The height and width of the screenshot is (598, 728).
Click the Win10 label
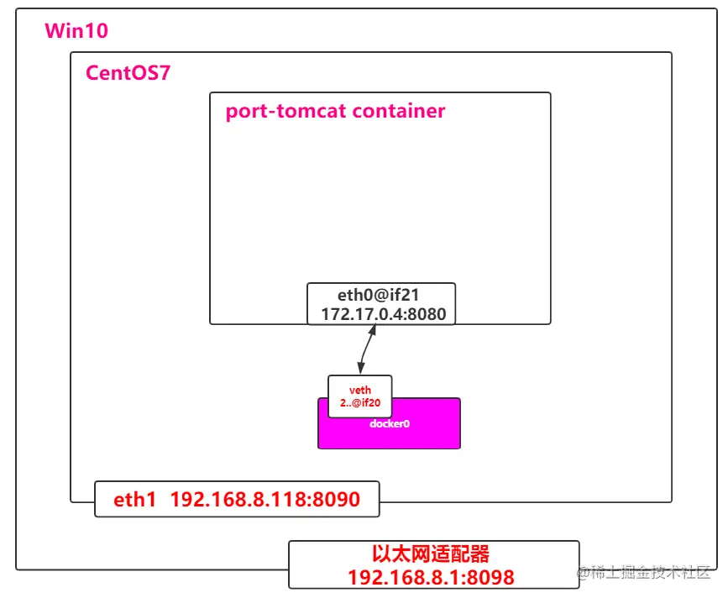coord(76,32)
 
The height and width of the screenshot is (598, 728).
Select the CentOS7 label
coord(128,73)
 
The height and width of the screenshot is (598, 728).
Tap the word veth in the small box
coord(359,391)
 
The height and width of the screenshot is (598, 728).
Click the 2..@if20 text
coord(359,403)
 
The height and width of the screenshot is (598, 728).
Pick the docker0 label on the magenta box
coord(389,424)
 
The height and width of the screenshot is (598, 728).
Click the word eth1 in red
coord(135,501)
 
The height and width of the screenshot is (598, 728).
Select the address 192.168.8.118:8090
coord(264,501)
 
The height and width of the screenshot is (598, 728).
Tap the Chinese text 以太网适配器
coord(431,554)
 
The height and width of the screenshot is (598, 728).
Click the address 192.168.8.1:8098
coord(431,577)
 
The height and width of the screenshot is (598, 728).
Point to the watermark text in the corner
coord(643,573)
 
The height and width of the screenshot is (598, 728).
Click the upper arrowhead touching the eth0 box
coord(374,328)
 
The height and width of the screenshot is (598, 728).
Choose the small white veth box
coord(359,396)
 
